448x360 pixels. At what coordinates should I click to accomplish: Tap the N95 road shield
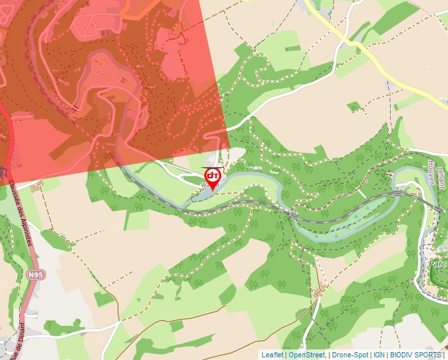point(36,274)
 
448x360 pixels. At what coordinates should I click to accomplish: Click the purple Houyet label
point(431,172)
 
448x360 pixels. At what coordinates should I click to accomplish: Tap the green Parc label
point(437,263)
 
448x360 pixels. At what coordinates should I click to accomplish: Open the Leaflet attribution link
point(272,355)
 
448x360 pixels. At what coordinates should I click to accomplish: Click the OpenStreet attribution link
point(306,355)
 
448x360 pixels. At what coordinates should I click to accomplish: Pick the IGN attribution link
point(379,355)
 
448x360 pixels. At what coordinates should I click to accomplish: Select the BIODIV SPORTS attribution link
point(416,355)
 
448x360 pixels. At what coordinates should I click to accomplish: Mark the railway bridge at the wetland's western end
point(294,214)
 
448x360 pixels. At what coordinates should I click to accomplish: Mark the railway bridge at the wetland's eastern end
point(398,193)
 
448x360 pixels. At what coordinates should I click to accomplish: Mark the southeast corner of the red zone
point(229,150)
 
